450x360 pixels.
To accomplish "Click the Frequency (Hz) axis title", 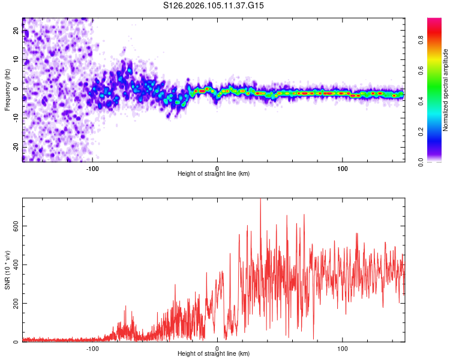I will (x=7, y=89).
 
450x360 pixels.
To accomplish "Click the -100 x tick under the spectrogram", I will (x=92, y=168).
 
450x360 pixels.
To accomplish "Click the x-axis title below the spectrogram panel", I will (x=214, y=174).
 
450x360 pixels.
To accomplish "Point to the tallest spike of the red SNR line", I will (x=260, y=200).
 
